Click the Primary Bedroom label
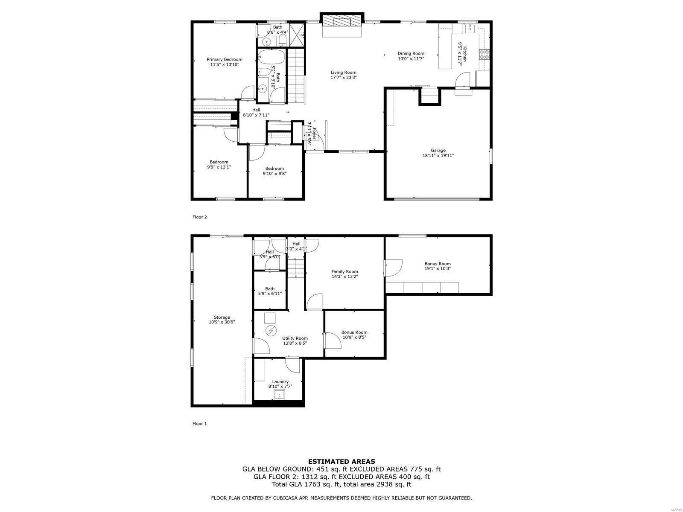coord(224,59)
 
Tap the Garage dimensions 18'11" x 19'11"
coord(438,156)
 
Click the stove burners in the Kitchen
coord(484,54)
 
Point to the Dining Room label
coord(411,53)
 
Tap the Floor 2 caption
coord(199,217)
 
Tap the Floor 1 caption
coord(199,424)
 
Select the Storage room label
coord(222,317)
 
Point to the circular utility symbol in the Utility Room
coord(271,330)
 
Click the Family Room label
coord(344,271)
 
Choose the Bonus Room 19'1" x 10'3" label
coord(438,264)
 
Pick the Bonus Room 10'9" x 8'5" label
coord(354,332)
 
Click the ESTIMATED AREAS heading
coord(341,461)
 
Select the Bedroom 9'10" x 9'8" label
coord(274,168)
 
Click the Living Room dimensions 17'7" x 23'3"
coord(343,78)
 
